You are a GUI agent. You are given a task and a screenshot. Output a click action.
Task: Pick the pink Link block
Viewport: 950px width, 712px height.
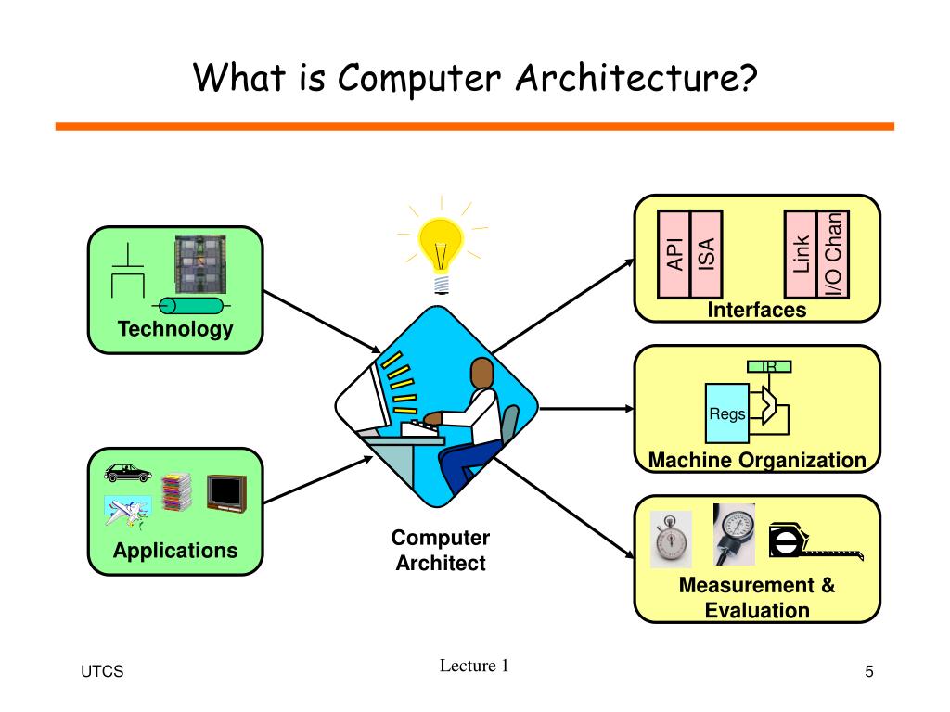(x=801, y=255)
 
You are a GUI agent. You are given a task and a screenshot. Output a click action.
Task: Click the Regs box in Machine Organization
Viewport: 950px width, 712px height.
(x=727, y=413)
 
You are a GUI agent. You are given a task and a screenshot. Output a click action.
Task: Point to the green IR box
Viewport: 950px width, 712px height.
(x=769, y=368)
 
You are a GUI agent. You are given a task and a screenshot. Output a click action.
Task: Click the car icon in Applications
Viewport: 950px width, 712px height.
(x=128, y=472)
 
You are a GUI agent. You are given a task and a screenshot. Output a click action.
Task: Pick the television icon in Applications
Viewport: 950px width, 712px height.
(x=225, y=492)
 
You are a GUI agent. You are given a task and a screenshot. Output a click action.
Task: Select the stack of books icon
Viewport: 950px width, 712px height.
(x=175, y=492)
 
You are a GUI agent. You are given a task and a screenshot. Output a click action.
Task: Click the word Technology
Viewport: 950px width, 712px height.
(x=175, y=329)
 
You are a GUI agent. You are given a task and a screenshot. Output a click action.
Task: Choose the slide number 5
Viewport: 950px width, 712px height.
(x=869, y=672)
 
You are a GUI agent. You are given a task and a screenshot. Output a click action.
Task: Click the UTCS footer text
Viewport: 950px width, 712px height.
(x=101, y=672)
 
